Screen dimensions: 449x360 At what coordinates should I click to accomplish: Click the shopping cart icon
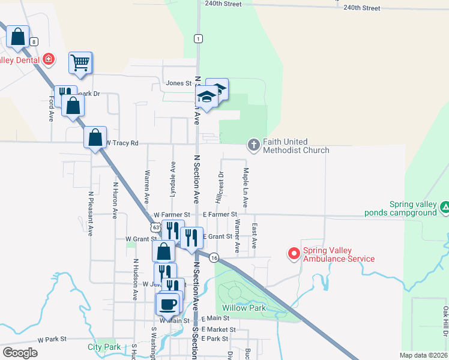click(x=80, y=62)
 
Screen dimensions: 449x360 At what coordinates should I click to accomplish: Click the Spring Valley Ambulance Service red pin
click(x=294, y=254)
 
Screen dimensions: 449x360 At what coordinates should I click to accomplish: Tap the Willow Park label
click(x=244, y=307)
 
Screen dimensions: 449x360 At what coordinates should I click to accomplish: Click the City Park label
click(x=104, y=347)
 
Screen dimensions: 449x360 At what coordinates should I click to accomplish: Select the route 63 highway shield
click(x=156, y=227)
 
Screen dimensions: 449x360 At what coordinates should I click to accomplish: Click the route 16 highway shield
click(x=214, y=257)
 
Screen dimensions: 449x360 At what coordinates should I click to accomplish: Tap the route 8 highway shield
click(x=34, y=41)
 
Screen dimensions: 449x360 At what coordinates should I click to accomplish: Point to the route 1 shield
click(x=197, y=38)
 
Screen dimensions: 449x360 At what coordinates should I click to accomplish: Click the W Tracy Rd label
click(x=124, y=143)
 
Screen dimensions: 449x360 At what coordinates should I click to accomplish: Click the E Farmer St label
click(x=220, y=214)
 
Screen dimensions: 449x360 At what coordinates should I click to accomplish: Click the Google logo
click(x=20, y=353)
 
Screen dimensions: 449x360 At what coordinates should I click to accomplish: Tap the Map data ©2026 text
click(x=423, y=355)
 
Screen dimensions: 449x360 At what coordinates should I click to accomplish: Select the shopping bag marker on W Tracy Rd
click(x=95, y=137)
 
